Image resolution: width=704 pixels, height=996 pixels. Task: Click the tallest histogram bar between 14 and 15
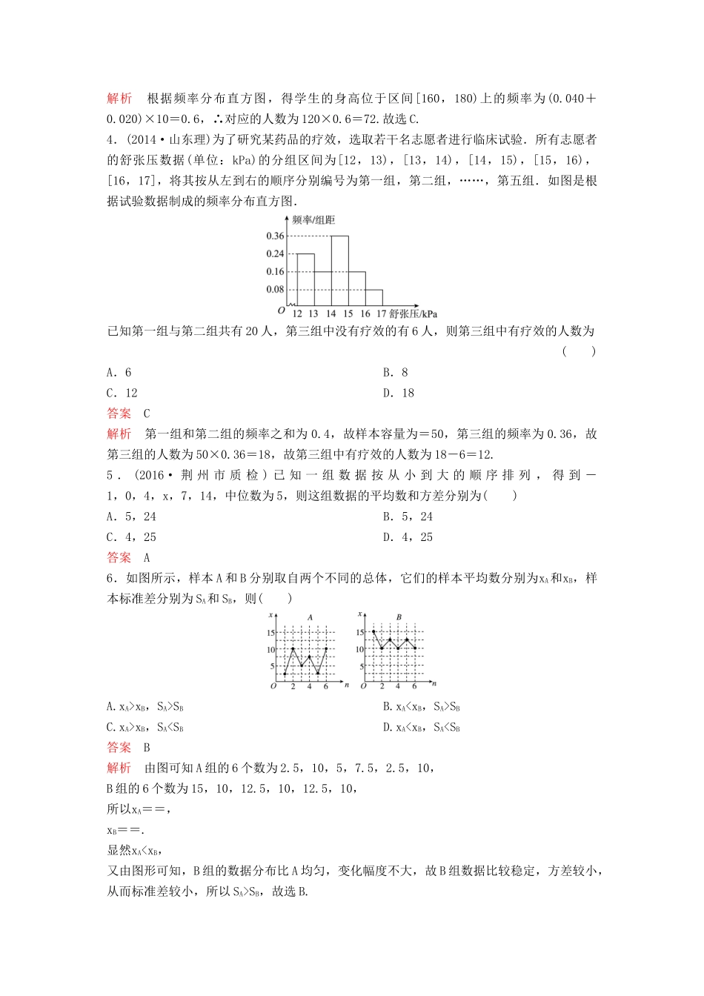click(x=339, y=270)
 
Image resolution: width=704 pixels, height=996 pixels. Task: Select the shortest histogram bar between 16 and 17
click(x=374, y=297)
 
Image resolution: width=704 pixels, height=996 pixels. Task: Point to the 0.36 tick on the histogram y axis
click(x=275, y=236)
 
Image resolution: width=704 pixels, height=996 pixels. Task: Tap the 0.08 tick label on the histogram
click(x=275, y=290)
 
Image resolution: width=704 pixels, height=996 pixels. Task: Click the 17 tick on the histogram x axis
click(x=382, y=313)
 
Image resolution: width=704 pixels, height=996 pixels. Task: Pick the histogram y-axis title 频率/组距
click(x=313, y=220)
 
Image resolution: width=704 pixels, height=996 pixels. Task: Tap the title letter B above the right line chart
click(x=399, y=617)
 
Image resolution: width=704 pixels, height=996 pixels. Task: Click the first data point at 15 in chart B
click(x=373, y=631)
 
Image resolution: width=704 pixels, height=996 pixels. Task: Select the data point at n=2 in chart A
click(x=293, y=648)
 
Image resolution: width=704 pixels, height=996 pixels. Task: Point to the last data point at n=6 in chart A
click(x=326, y=648)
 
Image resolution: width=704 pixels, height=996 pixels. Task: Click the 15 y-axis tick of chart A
click(x=271, y=633)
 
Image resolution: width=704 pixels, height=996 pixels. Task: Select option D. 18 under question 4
click(x=398, y=394)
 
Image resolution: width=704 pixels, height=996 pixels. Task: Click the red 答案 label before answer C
click(x=119, y=414)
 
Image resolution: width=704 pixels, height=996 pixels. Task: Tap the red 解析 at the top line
click(x=119, y=99)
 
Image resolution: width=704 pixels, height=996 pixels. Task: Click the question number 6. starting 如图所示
click(x=113, y=578)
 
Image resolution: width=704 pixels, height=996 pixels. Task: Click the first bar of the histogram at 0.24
click(x=305, y=279)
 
